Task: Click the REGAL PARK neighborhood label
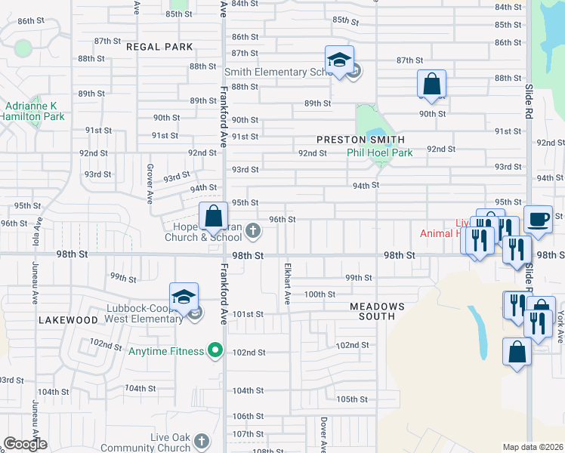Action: [159, 47]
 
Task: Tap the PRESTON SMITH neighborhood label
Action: [360, 140]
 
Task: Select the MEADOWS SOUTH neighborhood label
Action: [377, 311]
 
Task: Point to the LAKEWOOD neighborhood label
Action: [69, 320]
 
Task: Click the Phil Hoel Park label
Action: [379, 153]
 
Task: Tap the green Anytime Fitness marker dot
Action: [215, 350]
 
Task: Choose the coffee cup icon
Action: [538, 219]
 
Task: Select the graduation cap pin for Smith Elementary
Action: [340, 60]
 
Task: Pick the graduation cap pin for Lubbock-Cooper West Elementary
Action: [183, 297]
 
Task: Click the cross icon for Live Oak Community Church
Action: [202, 440]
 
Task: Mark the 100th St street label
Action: [320, 294]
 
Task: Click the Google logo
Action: [26, 444]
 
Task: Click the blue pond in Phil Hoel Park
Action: [374, 137]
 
